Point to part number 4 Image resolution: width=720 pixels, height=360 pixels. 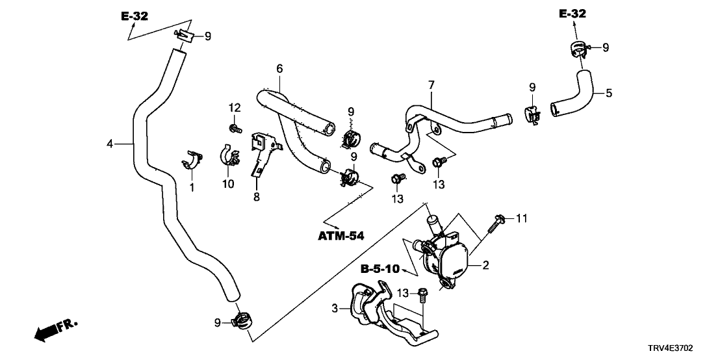click(110, 143)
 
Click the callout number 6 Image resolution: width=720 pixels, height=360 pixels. click(279, 68)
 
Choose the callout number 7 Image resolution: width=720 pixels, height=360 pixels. click(430, 85)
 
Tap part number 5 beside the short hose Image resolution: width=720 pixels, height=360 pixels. click(609, 93)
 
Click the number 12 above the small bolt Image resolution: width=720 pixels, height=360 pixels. click(233, 107)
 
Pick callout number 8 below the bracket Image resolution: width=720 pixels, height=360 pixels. click(256, 196)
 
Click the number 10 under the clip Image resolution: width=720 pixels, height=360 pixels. click(228, 184)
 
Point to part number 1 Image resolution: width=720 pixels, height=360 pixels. click(192, 187)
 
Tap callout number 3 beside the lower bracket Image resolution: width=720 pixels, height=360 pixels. click(335, 309)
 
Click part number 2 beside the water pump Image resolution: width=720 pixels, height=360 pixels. click(485, 265)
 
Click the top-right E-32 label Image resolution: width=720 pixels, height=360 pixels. click(572, 13)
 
